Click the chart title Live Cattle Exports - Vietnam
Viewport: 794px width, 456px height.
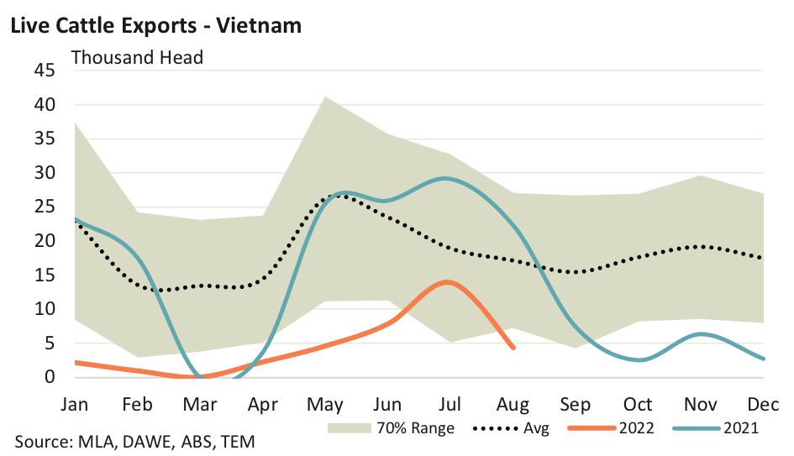tap(155, 25)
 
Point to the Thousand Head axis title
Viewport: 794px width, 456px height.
tap(137, 58)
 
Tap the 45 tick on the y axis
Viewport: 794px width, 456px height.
tap(45, 71)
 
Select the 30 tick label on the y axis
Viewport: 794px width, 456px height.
tap(45, 173)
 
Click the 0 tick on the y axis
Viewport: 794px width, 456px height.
tap(50, 377)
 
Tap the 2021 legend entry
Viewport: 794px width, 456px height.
tap(740, 428)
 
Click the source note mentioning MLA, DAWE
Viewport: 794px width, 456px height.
tap(134, 442)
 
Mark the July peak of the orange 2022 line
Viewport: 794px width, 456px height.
tap(448, 281)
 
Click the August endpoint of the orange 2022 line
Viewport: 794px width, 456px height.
tap(513, 347)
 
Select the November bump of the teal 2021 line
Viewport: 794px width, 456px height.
tap(701, 334)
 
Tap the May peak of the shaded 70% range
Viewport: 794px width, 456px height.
tap(325, 97)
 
